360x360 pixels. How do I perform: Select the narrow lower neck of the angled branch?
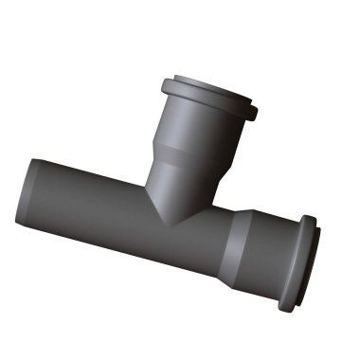pos(175,185)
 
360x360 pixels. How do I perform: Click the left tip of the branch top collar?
pos(162,83)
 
